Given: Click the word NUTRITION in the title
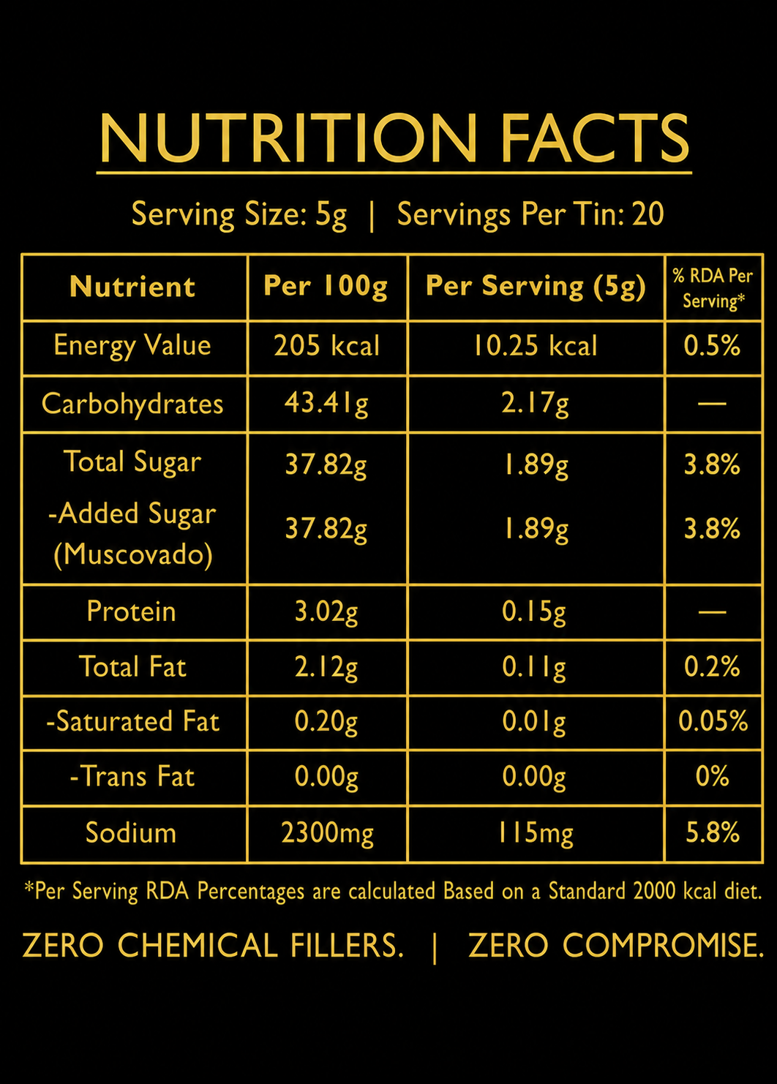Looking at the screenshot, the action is pos(288,138).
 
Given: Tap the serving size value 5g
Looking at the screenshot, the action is pos(331,215).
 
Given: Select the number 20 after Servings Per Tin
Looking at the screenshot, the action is pos(648,214).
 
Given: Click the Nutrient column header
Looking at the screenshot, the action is pos(132,287).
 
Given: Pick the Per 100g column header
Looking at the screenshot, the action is pos(326,287).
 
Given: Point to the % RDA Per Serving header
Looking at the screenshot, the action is pos(713,288).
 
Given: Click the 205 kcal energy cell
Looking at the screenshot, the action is pos(327,346).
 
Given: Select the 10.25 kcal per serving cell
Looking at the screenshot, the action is pos(535,346).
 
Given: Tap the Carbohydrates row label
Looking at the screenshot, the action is pos(132,404).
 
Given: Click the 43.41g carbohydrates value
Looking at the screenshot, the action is pos(326,404).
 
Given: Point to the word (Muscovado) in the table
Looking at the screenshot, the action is pos(133,554).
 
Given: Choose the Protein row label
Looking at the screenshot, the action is pos(131,611).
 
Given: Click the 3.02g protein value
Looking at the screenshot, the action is pos(326,612).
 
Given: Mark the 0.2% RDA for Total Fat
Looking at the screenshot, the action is pos(712,666).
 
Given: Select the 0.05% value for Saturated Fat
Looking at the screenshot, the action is pos(713,721).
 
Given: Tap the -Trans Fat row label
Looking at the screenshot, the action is pos(132,776).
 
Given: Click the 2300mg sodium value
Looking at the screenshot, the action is pos(327,833).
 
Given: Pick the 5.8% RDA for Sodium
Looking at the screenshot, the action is pos(713,832).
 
